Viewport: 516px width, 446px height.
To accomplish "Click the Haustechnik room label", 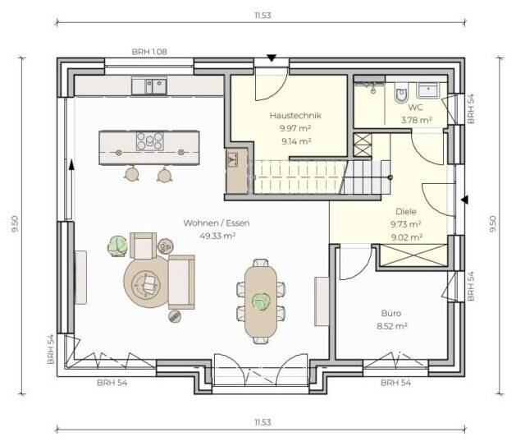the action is click(x=295, y=116).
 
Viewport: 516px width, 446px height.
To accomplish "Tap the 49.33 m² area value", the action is click(x=217, y=236).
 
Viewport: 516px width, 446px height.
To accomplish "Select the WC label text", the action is click(x=416, y=107).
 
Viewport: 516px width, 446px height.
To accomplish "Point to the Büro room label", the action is click(x=391, y=313).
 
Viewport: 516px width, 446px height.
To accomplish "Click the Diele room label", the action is click(x=406, y=211).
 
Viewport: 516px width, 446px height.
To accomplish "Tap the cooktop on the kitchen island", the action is click(x=150, y=141).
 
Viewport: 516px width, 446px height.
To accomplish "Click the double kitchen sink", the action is click(x=149, y=86).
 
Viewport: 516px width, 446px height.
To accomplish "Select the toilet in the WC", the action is click(x=401, y=94).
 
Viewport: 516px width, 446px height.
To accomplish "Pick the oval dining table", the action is click(x=261, y=301).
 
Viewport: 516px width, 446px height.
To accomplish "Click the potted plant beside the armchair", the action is click(x=117, y=246).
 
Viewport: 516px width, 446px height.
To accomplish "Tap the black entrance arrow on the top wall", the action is click(x=272, y=58).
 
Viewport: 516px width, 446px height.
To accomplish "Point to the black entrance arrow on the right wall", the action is click(x=464, y=200).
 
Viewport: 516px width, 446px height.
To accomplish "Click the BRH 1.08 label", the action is click(x=149, y=52).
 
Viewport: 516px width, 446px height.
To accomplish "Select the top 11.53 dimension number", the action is click(x=263, y=16).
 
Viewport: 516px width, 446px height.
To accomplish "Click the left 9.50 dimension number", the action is click(x=15, y=224).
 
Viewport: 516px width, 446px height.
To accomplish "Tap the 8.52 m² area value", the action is click(x=392, y=326).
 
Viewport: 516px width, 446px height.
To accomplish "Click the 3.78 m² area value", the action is click(x=416, y=120).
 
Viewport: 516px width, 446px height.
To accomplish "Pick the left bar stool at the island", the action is click(x=131, y=173).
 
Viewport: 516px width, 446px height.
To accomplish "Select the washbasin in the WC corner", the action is click(x=428, y=90).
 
